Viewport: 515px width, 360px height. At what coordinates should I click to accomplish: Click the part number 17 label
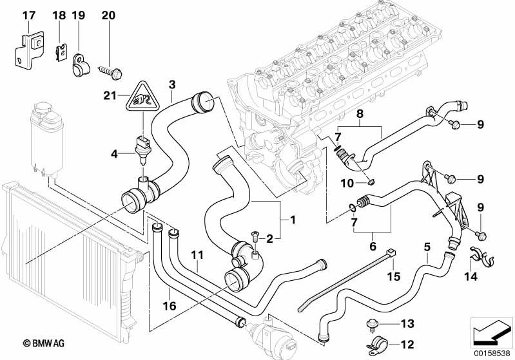[28, 15]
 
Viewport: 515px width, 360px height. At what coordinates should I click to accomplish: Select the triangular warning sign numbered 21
[142, 96]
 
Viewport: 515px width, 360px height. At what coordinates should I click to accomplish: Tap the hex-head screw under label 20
[110, 73]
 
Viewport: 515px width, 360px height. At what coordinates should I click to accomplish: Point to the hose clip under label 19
[79, 64]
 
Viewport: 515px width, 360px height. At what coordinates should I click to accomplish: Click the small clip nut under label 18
[60, 53]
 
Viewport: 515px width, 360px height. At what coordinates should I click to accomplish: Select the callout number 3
[172, 84]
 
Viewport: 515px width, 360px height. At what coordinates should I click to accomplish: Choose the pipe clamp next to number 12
[377, 346]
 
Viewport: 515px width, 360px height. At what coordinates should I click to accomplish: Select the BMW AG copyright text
[44, 344]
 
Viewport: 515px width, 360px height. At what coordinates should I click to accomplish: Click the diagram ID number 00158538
[492, 354]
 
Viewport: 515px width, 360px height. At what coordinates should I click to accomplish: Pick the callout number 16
[170, 306]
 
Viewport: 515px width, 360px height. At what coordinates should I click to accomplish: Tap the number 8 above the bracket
[360, 114]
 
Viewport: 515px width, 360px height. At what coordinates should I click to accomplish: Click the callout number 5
[427, 247]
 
